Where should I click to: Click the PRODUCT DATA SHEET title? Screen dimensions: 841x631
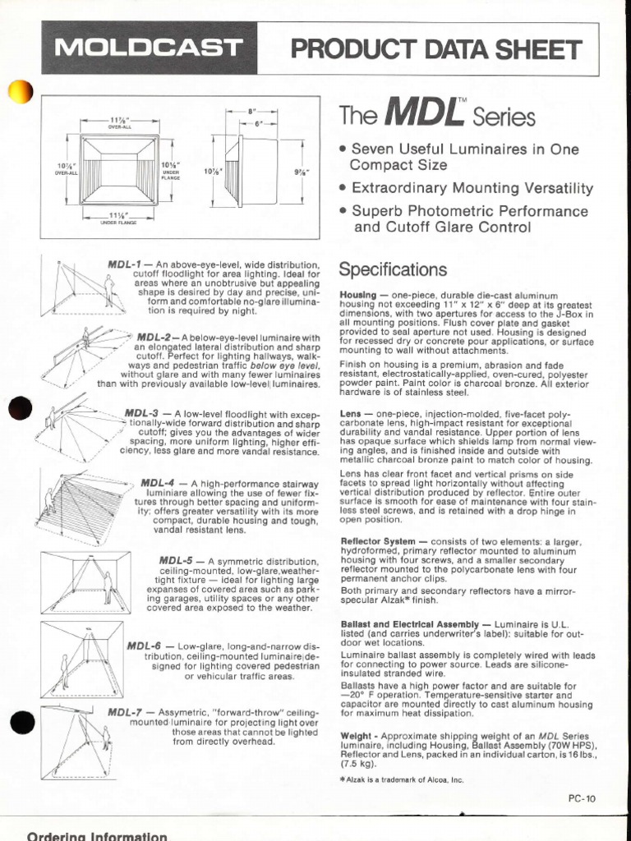tap(427, 51)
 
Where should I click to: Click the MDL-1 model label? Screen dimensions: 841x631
tap(124, 265)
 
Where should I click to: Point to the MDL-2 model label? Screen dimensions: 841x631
tap(153, 338)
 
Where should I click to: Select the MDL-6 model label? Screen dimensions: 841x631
tap(144, 646)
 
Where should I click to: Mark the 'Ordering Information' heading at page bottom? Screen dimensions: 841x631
tap(97, 834)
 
